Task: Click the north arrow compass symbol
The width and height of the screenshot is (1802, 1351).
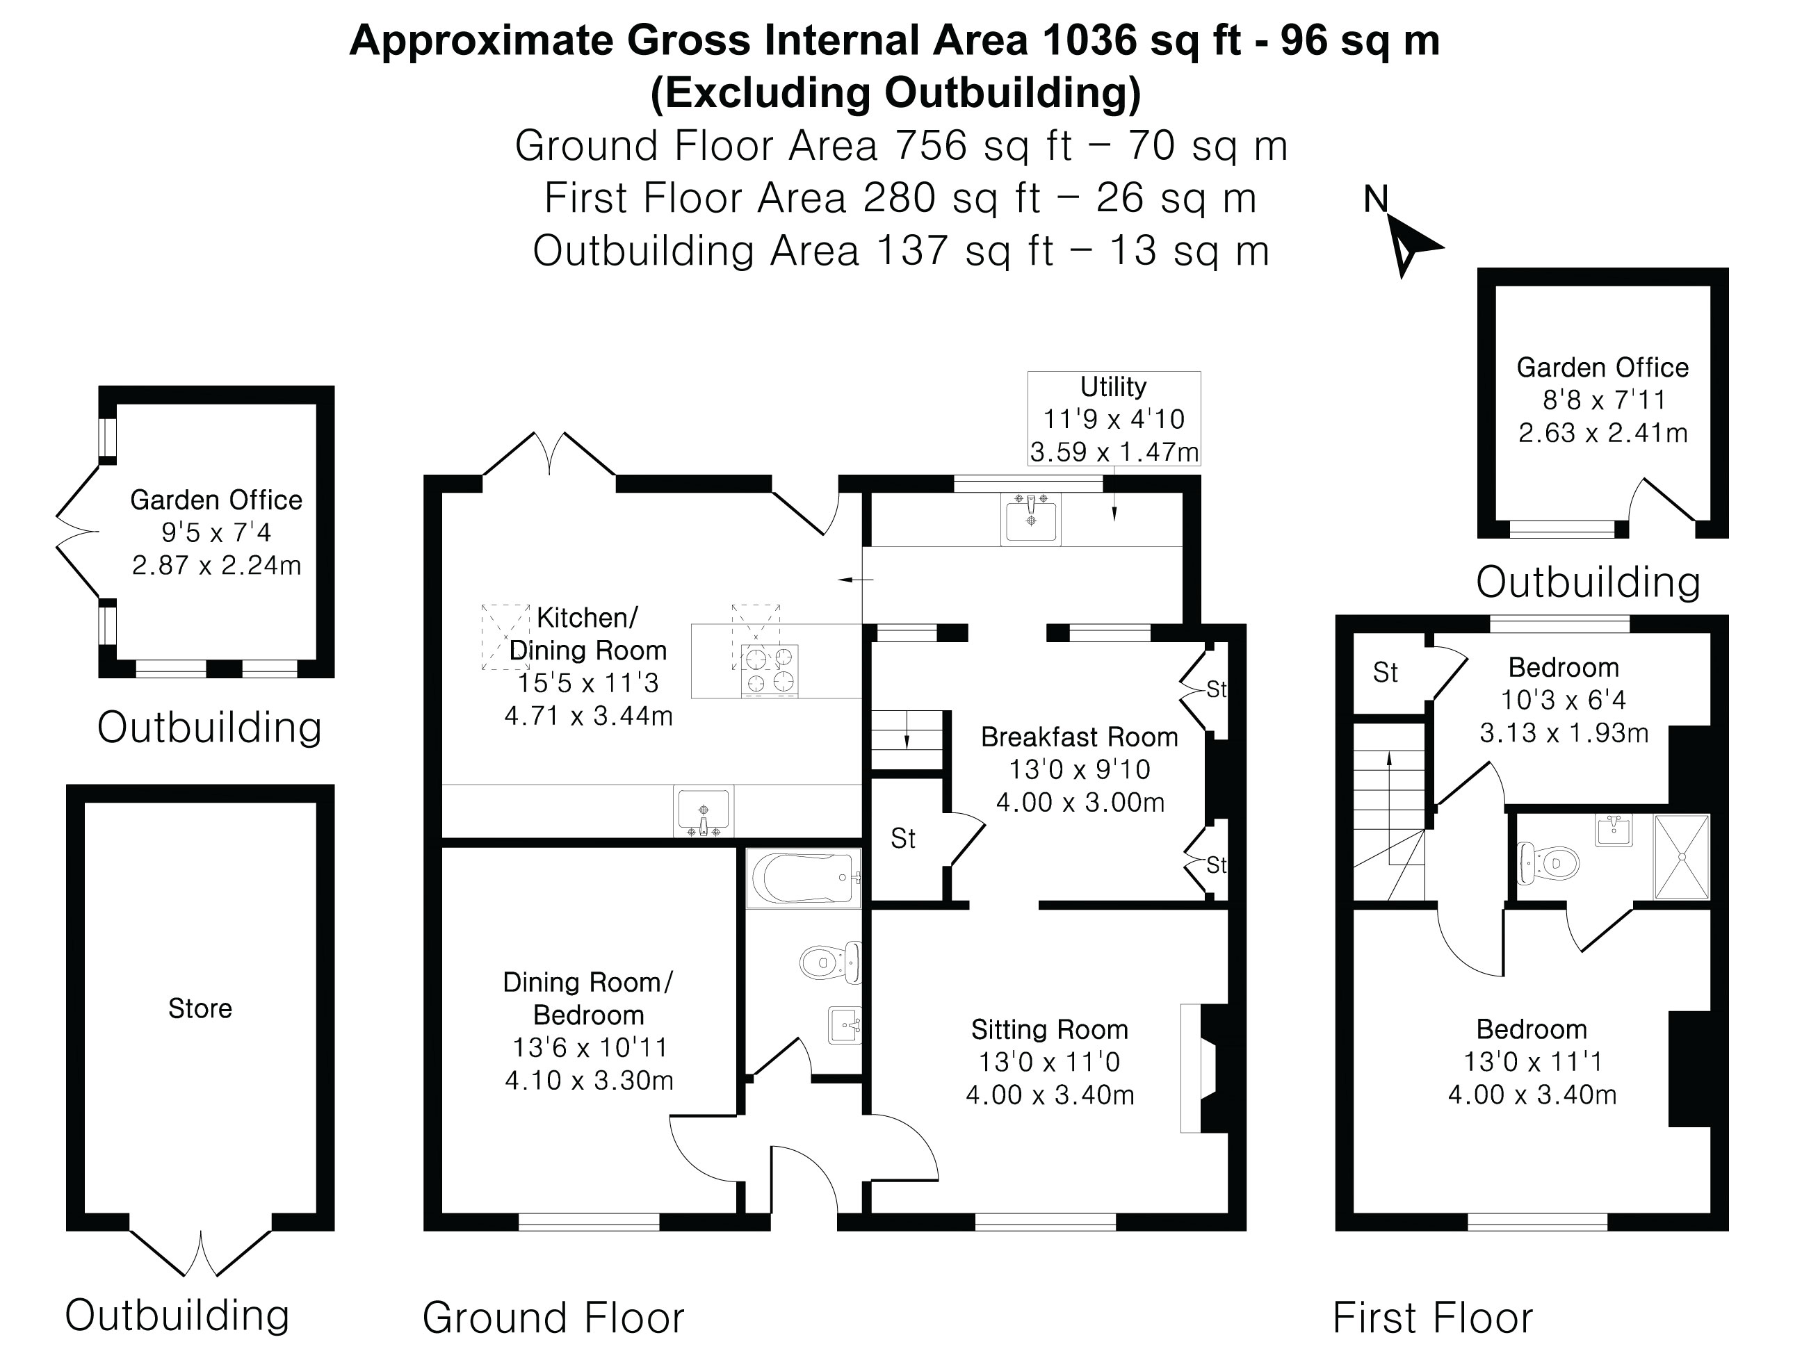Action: [x=1410, y=245]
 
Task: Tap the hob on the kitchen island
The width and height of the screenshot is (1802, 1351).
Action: [x=769, y=670]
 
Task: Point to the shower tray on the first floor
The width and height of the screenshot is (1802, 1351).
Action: [x=1680, y=857]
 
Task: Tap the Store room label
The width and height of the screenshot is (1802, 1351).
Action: [x=200, y=1008]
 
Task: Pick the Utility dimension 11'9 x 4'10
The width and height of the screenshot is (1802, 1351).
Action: [x=1114, y=419]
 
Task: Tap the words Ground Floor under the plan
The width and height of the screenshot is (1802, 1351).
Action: [x=553, y=1317]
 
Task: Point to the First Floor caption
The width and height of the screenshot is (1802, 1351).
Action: [x=1432, y=1317]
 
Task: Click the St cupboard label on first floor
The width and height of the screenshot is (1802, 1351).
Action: [x=1385, y=673]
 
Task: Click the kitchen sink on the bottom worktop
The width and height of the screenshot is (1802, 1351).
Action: [x=703, y=810]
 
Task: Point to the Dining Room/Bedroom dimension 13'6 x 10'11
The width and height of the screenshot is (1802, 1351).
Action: [x=589, y=1047]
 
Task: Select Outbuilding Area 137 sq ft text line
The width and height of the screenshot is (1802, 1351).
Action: [x=900, y=251]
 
